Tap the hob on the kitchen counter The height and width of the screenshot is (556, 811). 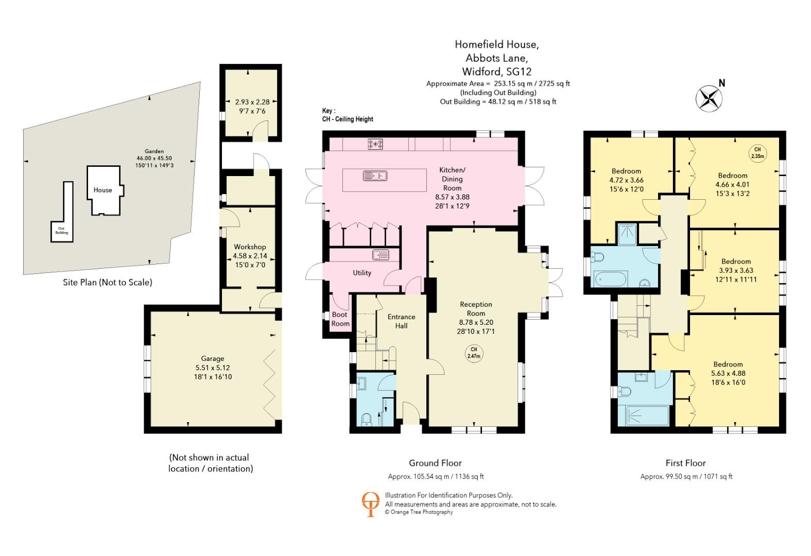point(375,144)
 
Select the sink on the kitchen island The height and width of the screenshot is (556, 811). point(375,176)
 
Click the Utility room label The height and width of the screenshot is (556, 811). point(361,273)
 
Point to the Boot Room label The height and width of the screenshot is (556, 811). point(340,319)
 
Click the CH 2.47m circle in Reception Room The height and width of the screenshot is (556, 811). point(474,353)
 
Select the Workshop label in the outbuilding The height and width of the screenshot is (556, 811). point(250,247)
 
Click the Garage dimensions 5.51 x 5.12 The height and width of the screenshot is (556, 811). point(213,368)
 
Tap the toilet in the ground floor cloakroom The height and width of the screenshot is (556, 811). point(367,420)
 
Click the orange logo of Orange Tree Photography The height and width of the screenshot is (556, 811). point(370,504)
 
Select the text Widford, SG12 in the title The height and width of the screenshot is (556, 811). point(497,72)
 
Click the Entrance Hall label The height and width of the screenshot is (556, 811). point(401,321)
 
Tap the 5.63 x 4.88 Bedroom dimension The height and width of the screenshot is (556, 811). point(728,373)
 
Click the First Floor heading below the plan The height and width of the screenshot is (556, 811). point(685,463)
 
